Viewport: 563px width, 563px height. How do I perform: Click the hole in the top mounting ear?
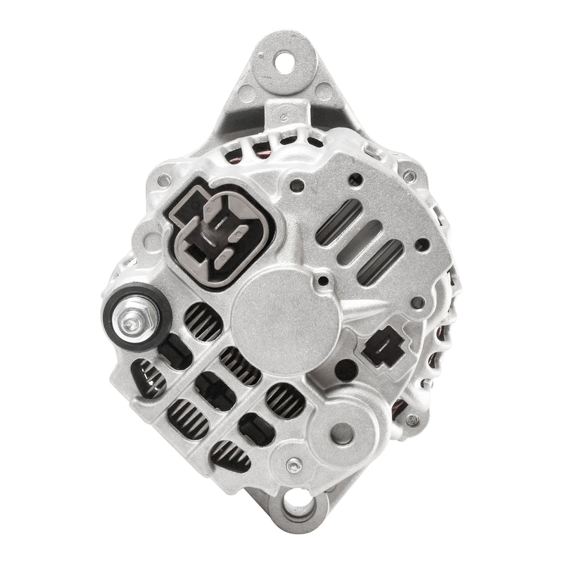[x=287, y=62]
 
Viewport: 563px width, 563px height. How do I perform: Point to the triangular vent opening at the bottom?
[x=229, y=456]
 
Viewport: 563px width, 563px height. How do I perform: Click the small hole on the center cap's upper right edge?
[x=323, y=281]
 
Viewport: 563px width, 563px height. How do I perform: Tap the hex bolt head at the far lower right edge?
[x=412, y=419]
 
